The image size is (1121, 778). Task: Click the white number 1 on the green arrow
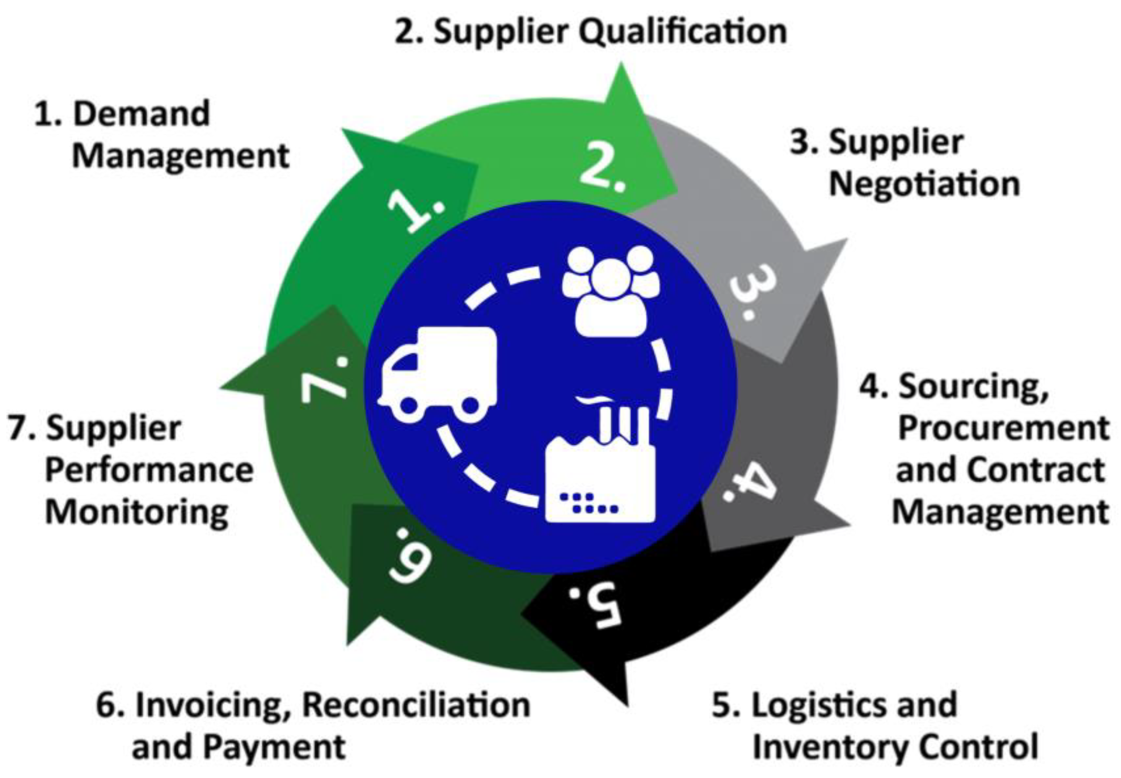pyautogui.click(x=417, y=210)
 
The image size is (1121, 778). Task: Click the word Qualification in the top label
pyautogui.click(x=682, y=32)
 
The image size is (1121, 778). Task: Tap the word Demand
pyautogui.click(x=142, y=114)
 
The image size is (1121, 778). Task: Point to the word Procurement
pyautogui.click(x=1003, y=429)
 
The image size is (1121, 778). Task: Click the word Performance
pyautogui.click(x=149, y=470)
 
